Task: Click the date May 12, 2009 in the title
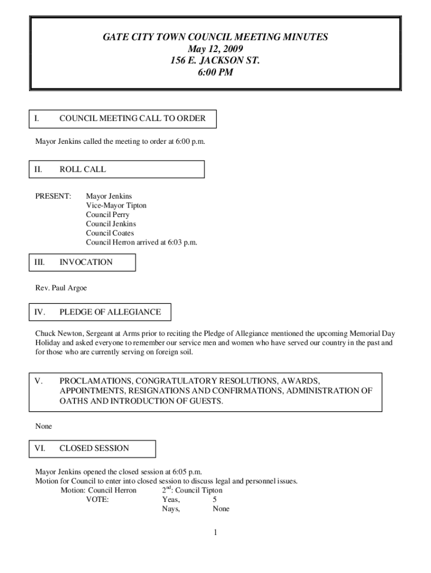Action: point(215,49)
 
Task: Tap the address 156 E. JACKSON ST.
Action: point(215,60)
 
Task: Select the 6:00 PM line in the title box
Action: point(215,72)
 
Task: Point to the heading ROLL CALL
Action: point(82,169)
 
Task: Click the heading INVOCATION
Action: point(86,262)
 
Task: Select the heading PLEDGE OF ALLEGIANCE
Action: point(110,312)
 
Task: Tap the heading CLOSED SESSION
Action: point(94,448)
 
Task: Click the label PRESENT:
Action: point(53,196)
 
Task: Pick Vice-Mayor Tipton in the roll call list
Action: point(116,205)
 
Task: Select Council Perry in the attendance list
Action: point(107,215)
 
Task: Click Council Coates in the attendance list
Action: point(110,233)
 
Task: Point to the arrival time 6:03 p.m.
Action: point(180,242)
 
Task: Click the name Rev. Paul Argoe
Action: point(61,288)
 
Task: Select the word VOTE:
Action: point(97,500)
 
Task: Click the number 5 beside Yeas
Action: point(215,500)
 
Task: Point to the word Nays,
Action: point(171,509)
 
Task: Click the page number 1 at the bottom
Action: point(215,532)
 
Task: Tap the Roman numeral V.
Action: point(38,381)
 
